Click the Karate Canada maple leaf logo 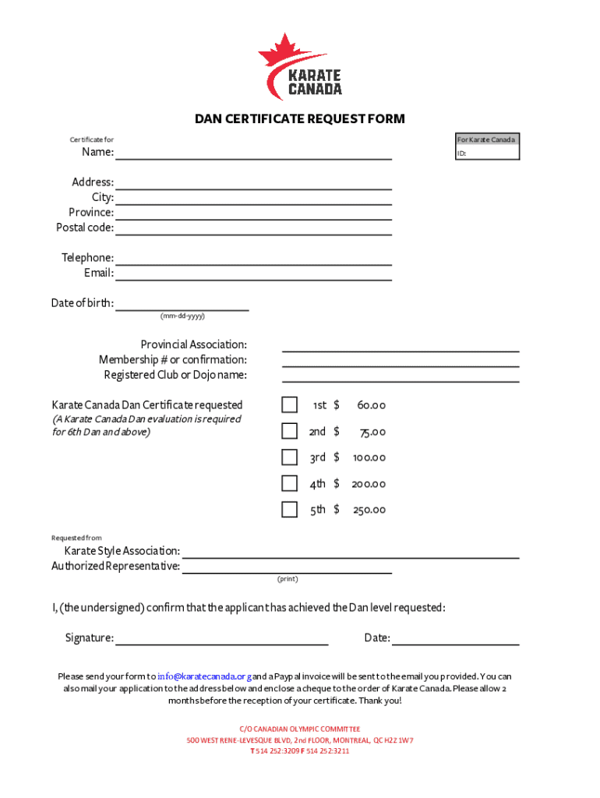pos(300,67)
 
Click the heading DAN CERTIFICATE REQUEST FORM pos(300,119)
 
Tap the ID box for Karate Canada pos(488,154)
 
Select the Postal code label pos(85,228)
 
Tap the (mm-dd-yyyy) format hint pos(182,316)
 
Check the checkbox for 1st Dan pos(289,405)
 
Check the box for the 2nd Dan pos(289,431)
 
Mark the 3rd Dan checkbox pos(289,457)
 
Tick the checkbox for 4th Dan pos(289,483)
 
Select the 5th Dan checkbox pos(289,510)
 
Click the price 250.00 pos(369,510)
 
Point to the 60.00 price pos(371,406)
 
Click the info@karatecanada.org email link pos(204,676)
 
